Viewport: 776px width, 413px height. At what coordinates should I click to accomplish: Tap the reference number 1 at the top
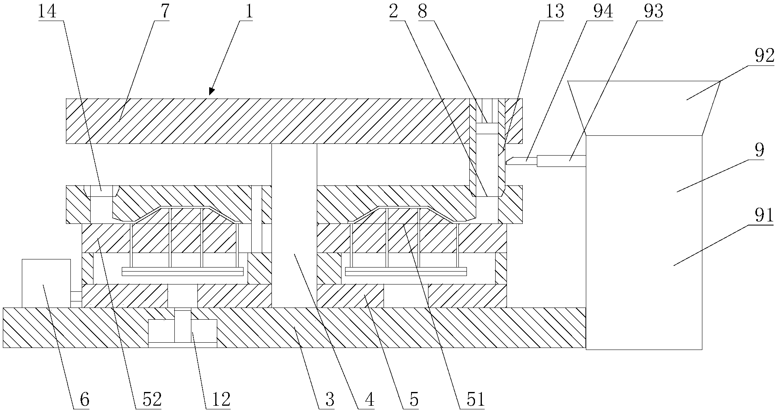[x=248, y=11]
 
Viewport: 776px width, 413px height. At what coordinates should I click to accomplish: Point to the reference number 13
[x=554, y=11]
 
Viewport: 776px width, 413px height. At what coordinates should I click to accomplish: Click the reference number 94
[x=602, y=11]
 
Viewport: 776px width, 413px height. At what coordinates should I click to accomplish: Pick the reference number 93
[x=653, y=11]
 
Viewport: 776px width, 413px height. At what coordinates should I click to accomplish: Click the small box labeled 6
[x=46, y=283]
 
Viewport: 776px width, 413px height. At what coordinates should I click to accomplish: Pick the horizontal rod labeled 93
[x=561, y=161]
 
